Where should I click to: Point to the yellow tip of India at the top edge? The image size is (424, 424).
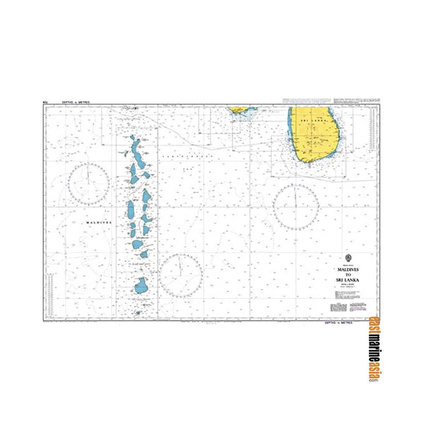coord(240,110)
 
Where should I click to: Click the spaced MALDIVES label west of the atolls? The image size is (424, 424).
coord(98,222)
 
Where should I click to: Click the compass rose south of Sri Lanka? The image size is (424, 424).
coord(296,206)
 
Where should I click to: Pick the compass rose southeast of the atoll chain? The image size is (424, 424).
coord(181,275)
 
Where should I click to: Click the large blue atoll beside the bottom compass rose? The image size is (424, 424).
coord(141,286)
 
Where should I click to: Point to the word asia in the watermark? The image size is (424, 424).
coord(373,372)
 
